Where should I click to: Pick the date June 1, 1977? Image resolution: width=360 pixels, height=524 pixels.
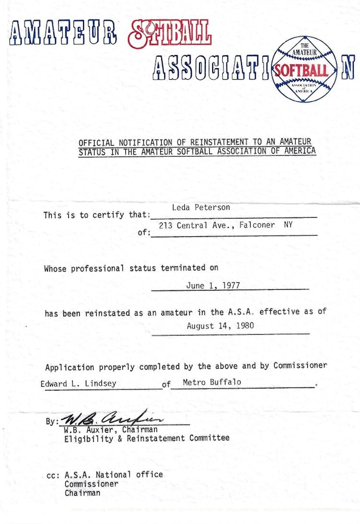213,285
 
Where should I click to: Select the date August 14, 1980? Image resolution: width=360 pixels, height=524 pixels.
220,326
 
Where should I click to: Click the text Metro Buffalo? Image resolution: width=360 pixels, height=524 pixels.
212,382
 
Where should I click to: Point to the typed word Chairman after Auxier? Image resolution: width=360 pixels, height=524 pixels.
140,429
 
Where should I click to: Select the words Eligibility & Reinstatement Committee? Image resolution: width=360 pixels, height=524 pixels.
147,438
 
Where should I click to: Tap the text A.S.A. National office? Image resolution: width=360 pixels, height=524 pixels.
114,475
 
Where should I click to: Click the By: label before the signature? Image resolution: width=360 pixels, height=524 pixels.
51,422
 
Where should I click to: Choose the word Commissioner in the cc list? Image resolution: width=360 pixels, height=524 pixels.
91,484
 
